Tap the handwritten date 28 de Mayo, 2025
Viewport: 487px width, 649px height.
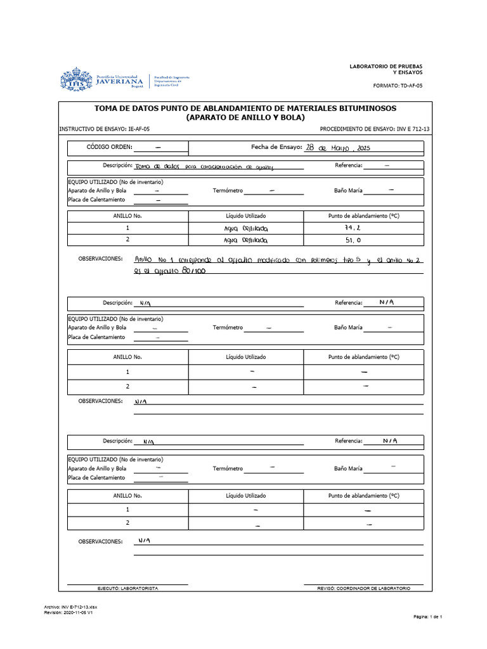tap(337, 147)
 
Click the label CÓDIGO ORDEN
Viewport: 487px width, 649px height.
tap(109, 147)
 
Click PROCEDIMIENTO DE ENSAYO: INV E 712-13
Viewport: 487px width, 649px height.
tap(374, 128)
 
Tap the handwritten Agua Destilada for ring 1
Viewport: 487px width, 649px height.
tap(246, 228)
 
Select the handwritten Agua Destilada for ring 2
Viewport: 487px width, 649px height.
tap(246, 241)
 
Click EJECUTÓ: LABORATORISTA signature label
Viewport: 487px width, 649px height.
tap(127, 588)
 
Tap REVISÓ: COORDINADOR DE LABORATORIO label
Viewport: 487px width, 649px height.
tap(363, 588)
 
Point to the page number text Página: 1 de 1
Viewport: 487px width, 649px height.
tap(431, 616)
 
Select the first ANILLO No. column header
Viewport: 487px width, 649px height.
tap(127, 215)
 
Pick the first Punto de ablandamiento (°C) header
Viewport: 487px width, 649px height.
tap(363, 215)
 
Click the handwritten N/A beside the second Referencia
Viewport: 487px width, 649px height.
tap(387, 302)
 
